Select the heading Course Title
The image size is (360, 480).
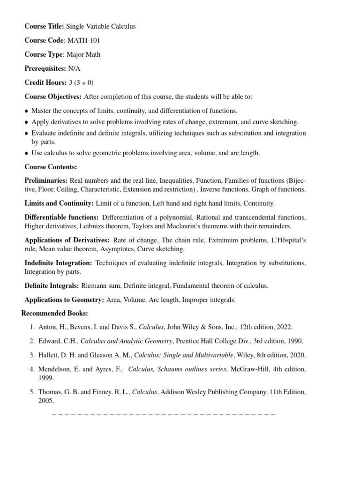[x=44, y=26]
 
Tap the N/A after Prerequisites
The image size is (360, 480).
[x=74, y=68]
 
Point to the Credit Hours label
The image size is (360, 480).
[x=45, y=82]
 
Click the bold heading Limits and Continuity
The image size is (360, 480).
[x=59, y=203]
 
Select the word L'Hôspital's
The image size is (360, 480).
[x=287, y=240]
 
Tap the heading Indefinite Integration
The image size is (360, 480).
[x=58, y=263]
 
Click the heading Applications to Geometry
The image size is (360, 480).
[x=64, y=300]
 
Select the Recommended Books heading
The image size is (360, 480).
[x=54, y=313]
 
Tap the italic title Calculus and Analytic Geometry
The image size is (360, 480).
[x=127, y=341]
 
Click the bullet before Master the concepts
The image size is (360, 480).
[x=26, y=111]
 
